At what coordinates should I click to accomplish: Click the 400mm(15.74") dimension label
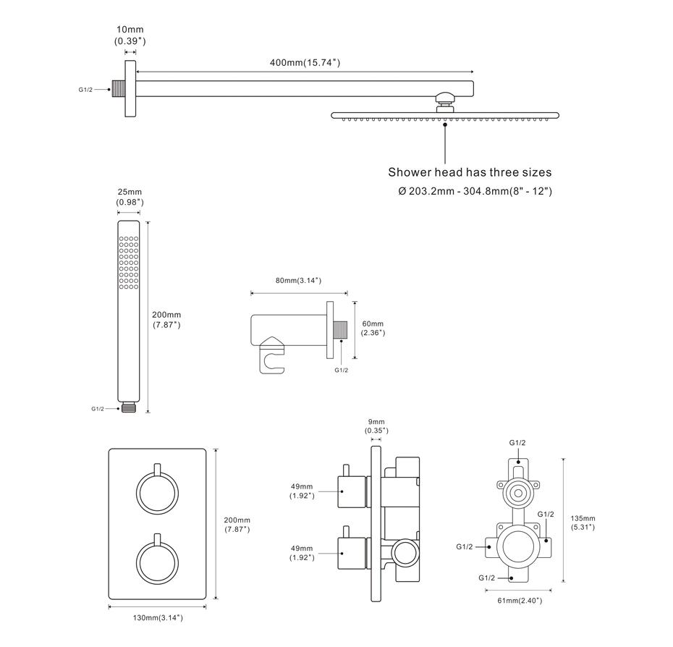pyautogui.click(x=304, y=63)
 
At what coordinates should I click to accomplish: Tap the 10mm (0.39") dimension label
pyautogui.click(x=130, y=35)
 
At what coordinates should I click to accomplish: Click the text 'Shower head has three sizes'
pyautogui.click(x=470, y=172)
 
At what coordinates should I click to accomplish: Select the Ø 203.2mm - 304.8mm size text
pyautogui.click(x=475, y=191)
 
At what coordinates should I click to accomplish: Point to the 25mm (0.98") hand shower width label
pyautogui.click(x=130, y=197)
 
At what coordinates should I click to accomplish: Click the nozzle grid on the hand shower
pyautogui.click(x=129, y=263)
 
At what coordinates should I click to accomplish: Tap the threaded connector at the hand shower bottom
pyautogui.click(x=129, y=407)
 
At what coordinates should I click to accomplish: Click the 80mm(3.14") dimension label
pyautogui.click(x=297, y=280)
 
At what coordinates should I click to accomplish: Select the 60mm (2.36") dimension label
pyautogui.click(x=373, y=328)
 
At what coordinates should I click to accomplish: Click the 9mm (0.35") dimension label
pyautogui.click(x=376, y=426)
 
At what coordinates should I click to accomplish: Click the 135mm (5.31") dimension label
pyautogui.click(x=583, y=523)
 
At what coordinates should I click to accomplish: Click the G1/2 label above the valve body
pyautogui.click(x=517, y=442)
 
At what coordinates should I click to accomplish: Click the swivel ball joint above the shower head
pyautogui.click(x=444, y=96)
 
